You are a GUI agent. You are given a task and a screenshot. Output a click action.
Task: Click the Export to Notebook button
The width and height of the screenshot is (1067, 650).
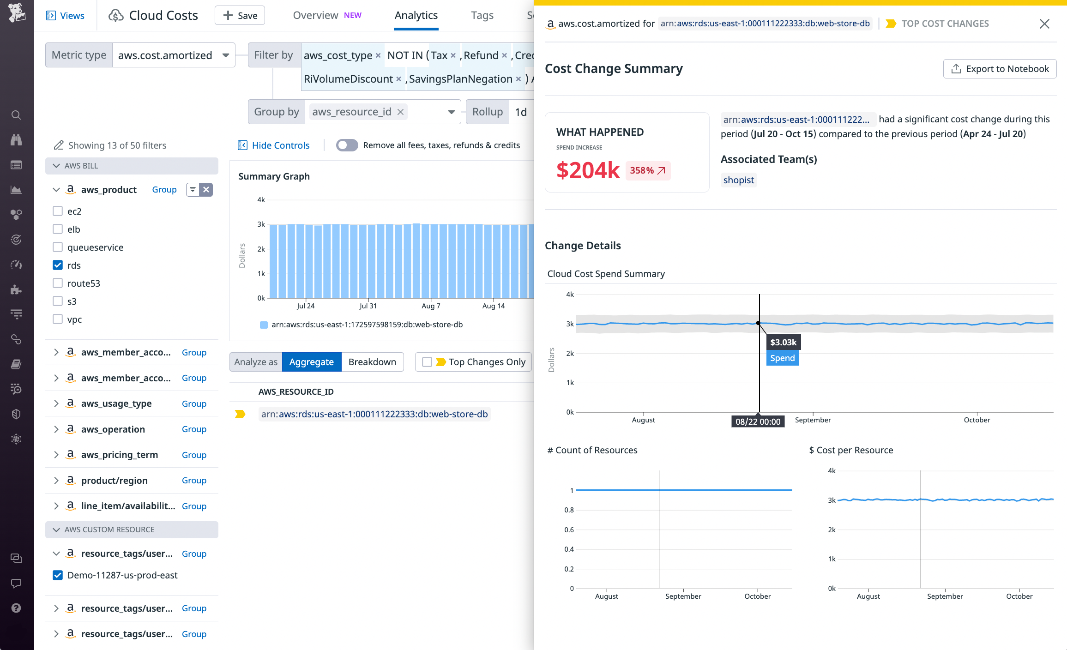[1000, 69]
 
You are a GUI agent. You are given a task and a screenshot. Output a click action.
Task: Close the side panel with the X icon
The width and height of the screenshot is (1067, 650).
[1044, 24]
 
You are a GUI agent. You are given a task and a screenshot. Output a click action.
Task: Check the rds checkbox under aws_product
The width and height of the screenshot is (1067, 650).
[58, 265]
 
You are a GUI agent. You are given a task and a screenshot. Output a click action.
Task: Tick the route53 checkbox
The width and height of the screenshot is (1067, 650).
[58, 283]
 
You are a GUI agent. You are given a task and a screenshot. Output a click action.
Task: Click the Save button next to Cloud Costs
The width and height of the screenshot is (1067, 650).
[240, 16]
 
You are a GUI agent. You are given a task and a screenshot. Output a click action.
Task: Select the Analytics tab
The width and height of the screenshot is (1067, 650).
[416, 16]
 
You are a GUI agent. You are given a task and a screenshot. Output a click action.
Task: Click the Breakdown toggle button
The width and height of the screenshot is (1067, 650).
[372, 362]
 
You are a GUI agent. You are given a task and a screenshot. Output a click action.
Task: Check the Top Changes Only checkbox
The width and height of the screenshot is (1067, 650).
[427, 362]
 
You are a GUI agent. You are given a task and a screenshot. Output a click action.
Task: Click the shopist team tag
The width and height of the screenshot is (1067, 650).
[738, 180]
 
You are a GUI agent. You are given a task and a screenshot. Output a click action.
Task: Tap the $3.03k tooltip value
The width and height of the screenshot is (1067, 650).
[783, 343]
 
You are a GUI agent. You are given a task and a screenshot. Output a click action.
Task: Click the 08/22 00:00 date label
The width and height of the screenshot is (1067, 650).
[758, 421]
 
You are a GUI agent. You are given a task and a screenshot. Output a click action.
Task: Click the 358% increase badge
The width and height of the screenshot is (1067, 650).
[647, 171]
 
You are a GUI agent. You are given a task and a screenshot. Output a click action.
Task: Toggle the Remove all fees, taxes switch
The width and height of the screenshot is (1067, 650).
[347, 145]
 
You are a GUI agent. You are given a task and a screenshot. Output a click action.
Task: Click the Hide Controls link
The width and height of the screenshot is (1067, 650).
[280, 145]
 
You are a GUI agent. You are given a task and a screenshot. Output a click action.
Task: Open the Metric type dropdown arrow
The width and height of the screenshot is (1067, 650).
[226, 55]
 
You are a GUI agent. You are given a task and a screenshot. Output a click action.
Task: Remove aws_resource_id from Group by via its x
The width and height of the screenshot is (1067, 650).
[400, 112]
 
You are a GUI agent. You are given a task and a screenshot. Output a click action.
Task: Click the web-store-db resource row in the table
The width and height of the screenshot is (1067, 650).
[374, 414]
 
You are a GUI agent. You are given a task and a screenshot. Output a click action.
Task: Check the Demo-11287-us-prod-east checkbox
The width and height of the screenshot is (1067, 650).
[58, 575]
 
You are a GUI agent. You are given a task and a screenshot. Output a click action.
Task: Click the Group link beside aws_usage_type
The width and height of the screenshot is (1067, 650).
[194, 403]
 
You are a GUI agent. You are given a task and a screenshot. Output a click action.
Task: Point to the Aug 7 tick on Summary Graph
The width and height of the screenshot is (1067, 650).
[431, 306]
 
